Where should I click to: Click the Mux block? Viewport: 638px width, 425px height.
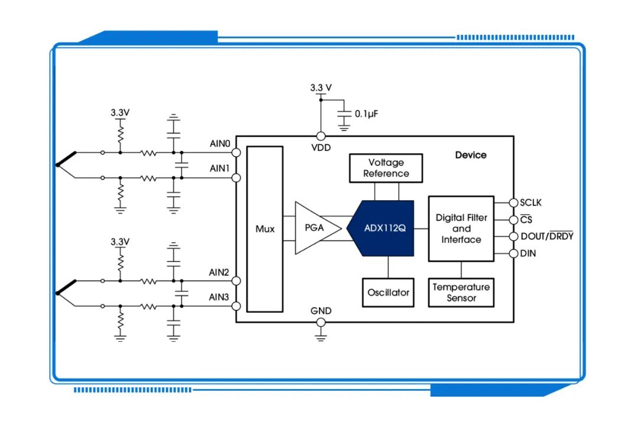coord(265,229)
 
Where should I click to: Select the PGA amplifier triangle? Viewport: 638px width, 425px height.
coord(315,228)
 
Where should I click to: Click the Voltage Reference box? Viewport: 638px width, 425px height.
coord(386,168)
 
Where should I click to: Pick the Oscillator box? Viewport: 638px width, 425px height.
coord(388,292)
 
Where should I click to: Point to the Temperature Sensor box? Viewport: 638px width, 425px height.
coord(461,292)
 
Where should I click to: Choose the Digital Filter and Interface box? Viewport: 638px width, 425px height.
coord(461,228)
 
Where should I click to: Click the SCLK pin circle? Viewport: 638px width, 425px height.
coord(513,202)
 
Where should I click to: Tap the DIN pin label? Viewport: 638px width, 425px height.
coord(528,253)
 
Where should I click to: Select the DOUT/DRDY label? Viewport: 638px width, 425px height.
coord(547,236)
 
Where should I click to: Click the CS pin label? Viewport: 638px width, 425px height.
coord(526,219)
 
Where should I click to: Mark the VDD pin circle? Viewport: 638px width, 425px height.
coord(321,136)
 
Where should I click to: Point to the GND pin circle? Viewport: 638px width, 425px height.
coord(321,322)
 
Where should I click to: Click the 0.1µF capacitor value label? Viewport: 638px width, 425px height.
coord(366,114)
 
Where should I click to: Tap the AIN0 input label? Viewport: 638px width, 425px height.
coord(220,143)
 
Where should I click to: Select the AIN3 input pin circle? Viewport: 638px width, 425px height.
coord(236,306)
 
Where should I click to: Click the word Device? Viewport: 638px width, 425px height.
coord(471,155)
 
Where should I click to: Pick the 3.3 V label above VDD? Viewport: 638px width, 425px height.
coord(321,87)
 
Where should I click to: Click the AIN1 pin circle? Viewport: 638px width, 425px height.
coord(236,178)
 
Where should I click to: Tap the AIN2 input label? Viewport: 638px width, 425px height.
coord(219,272)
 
